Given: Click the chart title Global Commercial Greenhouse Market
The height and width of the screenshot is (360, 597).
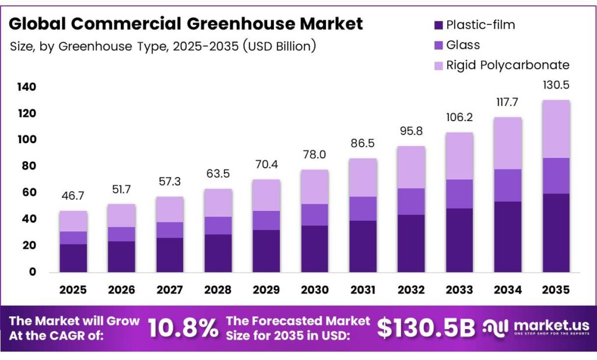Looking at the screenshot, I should (x=185, y=24).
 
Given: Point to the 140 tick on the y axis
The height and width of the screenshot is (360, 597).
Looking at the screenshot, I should (x=26, y=87).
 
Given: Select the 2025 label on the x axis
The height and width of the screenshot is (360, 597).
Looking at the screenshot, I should (x=73, y=290).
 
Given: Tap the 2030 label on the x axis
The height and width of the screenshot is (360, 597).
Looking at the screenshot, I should (x=315, y=290).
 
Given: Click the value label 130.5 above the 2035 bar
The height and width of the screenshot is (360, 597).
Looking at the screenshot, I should (x=556, y=85).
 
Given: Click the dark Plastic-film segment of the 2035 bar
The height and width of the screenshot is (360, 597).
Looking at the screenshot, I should (x=556, y=233).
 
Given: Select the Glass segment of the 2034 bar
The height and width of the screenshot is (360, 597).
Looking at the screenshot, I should (x=507, y=185).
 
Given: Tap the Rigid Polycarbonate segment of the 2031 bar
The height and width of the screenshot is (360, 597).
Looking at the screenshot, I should (x=363, y=178).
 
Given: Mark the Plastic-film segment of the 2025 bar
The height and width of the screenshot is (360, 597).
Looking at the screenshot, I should (x=73, y=258).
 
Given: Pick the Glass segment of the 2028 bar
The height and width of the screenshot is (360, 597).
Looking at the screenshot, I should (x=218, y=225).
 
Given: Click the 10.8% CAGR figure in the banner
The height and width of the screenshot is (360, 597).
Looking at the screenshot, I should (x=182, y=328).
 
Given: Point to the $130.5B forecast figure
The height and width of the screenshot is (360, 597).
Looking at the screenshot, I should (x=426, y=328).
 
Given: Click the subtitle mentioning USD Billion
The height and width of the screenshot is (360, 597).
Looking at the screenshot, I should (x=163, y=46).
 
